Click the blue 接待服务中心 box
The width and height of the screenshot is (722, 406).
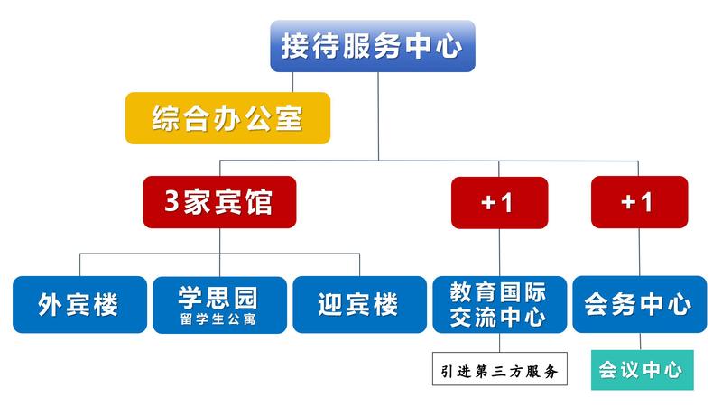(x=373, y=46)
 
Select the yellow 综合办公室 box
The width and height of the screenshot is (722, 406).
(x=228, y=118)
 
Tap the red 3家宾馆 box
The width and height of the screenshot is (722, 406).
(x=219, y=202)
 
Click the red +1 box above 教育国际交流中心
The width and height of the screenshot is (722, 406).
(x=500, y=202)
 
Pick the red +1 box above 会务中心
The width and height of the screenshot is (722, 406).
(x=640, y=202)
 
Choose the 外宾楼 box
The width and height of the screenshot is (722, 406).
(x=79, y=304)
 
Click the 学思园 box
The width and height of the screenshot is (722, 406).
(x=219, y=305)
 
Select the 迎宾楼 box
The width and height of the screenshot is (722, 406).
(x=359, y=304)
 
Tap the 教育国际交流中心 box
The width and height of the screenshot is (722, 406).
(x=500, y=304)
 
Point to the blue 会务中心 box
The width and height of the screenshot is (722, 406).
(x=640, y=304)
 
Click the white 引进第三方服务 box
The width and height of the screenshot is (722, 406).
(x=500, y=369)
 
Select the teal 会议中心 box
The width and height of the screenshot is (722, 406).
(x=643, y=370)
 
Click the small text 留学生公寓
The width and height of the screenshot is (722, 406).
(x=218, y=319)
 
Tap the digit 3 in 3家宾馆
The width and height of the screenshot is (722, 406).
(x=171, y=201)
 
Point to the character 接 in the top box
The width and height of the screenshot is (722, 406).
(x=296, y=46)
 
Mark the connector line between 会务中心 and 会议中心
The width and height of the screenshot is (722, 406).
(x=640, y=341)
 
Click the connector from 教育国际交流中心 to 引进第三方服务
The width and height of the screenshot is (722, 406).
(x=500, y=343)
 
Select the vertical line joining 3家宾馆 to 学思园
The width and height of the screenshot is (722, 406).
(x=219, y=253)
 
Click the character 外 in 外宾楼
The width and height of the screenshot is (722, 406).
(x=51, y=304)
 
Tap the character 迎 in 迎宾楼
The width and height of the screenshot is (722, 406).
(x=330, y=304)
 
